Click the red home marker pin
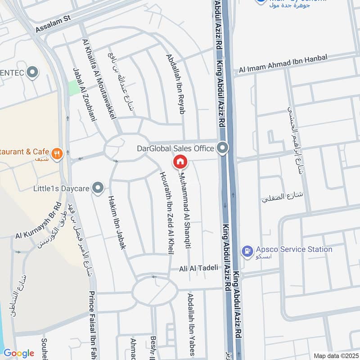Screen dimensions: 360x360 180,161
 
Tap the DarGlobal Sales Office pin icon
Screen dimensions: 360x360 222,148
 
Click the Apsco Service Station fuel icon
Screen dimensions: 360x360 247,251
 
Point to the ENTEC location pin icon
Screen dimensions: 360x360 32,72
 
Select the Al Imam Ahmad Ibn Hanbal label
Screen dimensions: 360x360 283,63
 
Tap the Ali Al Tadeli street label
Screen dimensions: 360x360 198,268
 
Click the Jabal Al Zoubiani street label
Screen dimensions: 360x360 85,94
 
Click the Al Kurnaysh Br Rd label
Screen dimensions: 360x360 38,222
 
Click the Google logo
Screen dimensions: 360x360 18,353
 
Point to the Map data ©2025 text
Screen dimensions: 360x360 335,355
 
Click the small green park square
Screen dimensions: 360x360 73,87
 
